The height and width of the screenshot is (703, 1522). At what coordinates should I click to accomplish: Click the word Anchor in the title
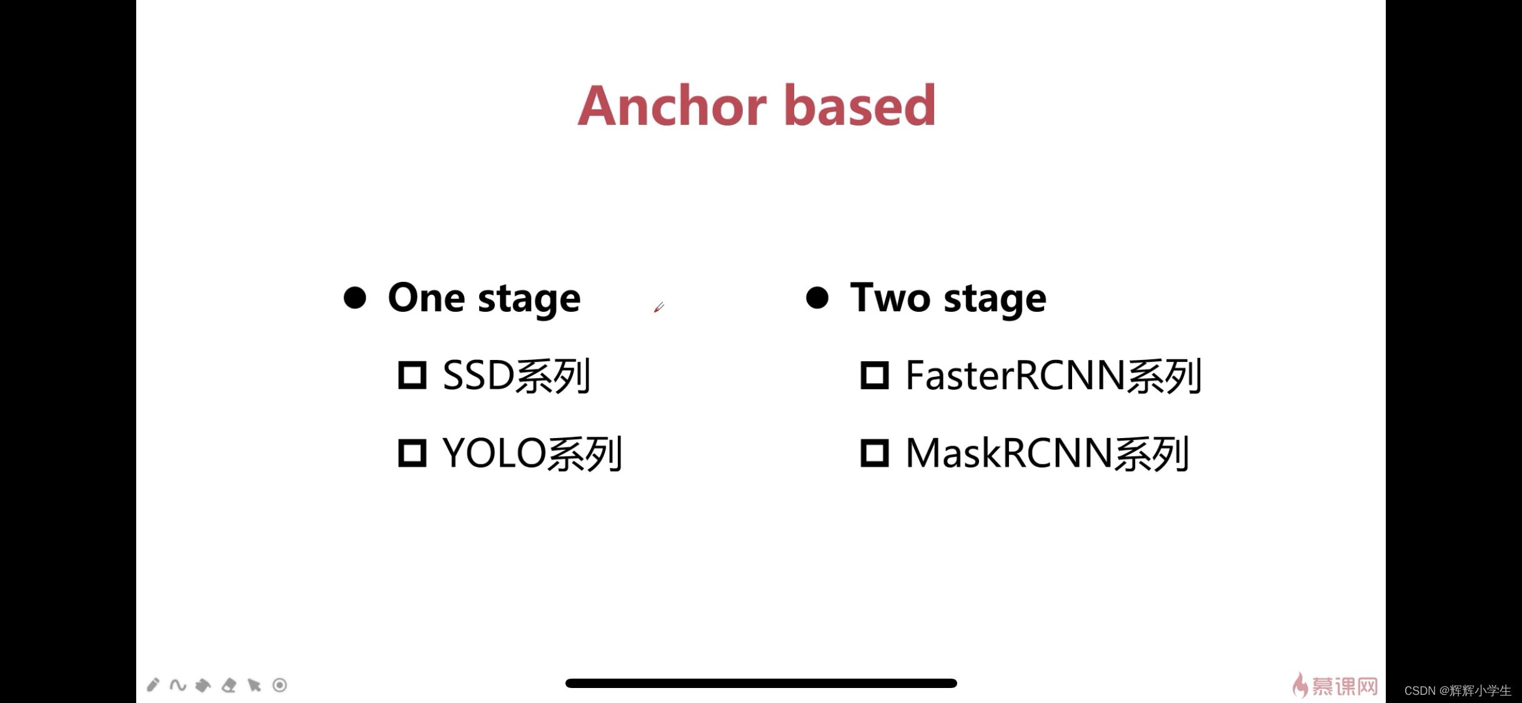point(672,106)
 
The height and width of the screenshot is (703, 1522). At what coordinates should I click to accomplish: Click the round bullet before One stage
point(355,297)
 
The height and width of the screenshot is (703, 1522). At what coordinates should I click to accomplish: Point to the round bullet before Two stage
point(817,297)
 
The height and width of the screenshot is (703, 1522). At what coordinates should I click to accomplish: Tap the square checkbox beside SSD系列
point(412,376)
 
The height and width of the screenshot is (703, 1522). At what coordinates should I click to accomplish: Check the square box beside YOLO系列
point(412,453)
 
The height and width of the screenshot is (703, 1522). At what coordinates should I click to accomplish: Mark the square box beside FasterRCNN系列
point(875,376)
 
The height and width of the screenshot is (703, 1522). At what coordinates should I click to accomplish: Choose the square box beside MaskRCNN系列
point(875,453)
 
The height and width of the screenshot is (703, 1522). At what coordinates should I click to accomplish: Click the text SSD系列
point(516,376)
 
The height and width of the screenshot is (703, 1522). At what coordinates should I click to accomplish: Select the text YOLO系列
point(532,454)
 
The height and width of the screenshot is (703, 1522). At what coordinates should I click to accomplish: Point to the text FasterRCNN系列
point(1053,376)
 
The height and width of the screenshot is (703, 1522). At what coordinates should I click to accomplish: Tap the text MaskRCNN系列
point(1047,454)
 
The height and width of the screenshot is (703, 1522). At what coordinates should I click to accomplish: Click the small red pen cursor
point(659,307)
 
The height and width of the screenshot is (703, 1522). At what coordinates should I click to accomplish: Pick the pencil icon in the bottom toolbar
point(153,685)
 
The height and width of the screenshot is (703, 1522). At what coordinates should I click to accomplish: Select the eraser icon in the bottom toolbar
point(229,686)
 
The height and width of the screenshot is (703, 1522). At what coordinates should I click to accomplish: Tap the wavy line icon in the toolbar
point(178,686)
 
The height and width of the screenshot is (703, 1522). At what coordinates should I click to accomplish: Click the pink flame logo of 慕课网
point(1300,686)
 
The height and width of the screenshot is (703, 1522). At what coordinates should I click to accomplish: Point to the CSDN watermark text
point(1457,691)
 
